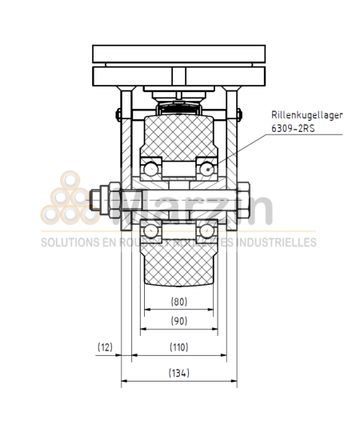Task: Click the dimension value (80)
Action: [x=179, y=302]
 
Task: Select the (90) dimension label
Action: [x=179, y=321]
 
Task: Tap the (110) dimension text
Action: [x=179, y=348]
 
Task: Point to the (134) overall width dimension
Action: [x=179, y=373]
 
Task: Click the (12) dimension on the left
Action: [x=105, y=348]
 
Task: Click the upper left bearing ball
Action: [x=150, y=168]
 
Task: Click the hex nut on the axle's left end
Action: [x=105, y=199]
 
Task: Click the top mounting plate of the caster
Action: [x=179, y=54]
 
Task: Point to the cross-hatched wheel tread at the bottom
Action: [x=179, y=268]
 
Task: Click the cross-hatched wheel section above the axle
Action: [x=179, y=136]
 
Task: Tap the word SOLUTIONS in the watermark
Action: [x=66, y=242]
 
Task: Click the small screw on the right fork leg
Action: [x=238, y=111]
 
